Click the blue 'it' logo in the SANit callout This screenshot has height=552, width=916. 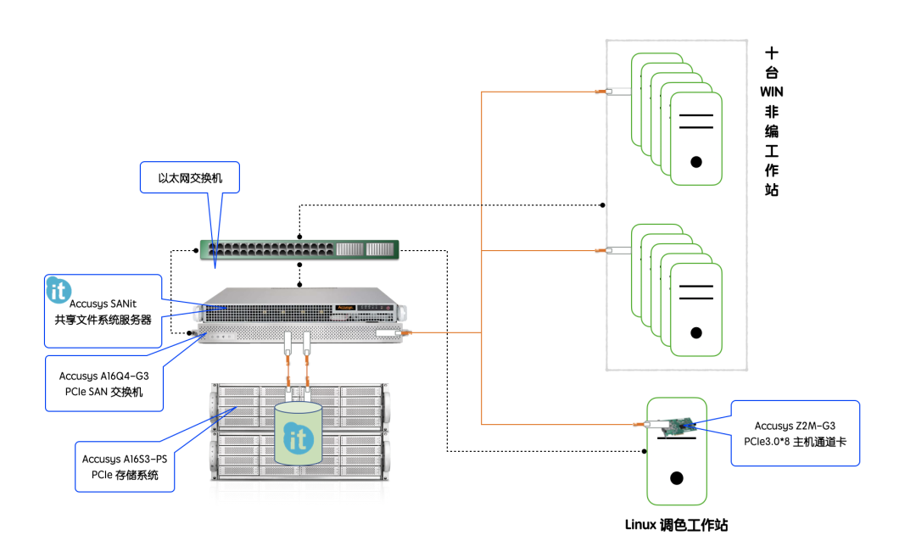tap(59, 290)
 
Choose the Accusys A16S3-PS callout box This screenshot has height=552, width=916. tap(125, 466)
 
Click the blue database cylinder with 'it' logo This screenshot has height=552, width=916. tap(298, 433)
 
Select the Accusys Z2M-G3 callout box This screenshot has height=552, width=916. tap(796, 433)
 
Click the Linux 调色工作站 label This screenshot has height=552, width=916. tap(676, 525)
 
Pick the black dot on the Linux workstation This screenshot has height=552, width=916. tap(676, 478)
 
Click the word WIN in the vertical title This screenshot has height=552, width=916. tap(771, 91)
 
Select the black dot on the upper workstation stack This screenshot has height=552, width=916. tap(696, 161)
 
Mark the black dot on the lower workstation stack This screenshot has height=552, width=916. tap(696, 332)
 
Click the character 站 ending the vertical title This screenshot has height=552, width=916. tap(771, 191)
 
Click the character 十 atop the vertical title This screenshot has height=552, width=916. tap(771, 51)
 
